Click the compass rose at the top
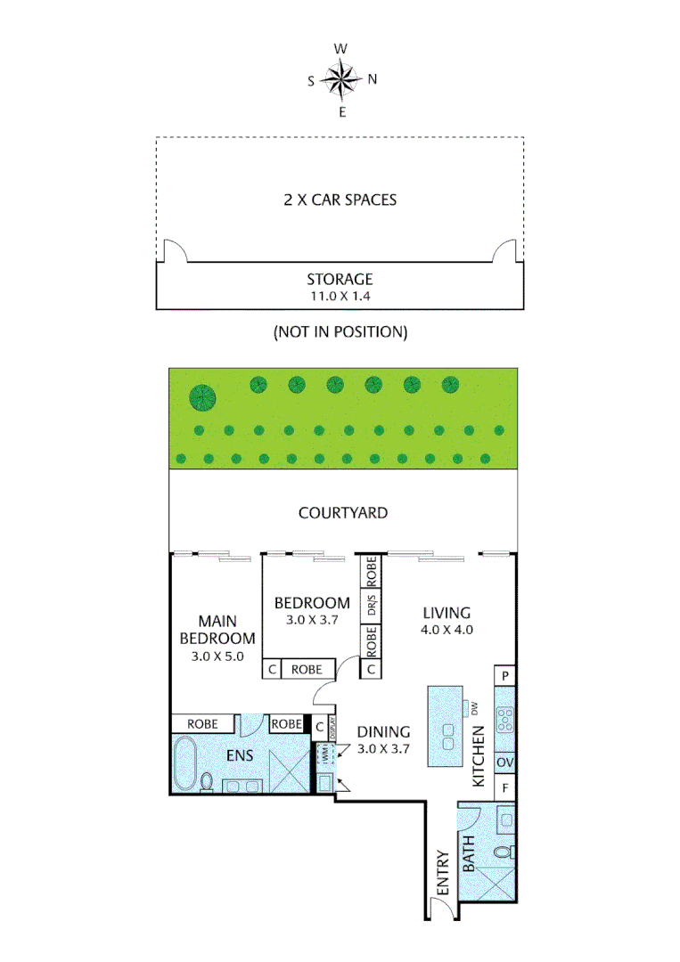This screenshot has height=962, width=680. click(x=340, y=79)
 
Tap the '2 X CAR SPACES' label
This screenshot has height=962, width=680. click(x=340, y=200)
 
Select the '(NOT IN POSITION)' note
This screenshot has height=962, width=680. click(x=340, y=332)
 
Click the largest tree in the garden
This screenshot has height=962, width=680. click(x=202, y=396)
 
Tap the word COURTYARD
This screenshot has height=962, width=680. click(x=342, y=513)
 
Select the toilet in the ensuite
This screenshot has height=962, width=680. click(x=208, y=781)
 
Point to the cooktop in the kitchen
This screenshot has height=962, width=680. click(x=504, y=718)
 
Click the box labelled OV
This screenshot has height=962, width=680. click(x=504, y=762)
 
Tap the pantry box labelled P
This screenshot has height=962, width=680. click(x=504, y=677)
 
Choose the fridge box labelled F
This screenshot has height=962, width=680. click(x=504, y=787)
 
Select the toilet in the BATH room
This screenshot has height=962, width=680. click(x=503, y=853)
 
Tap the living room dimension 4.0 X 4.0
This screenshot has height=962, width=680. click(x=447, y=629)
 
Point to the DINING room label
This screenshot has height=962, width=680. click(x=383, y=732)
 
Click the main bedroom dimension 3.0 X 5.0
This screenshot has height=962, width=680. click(x=217, y=656)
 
